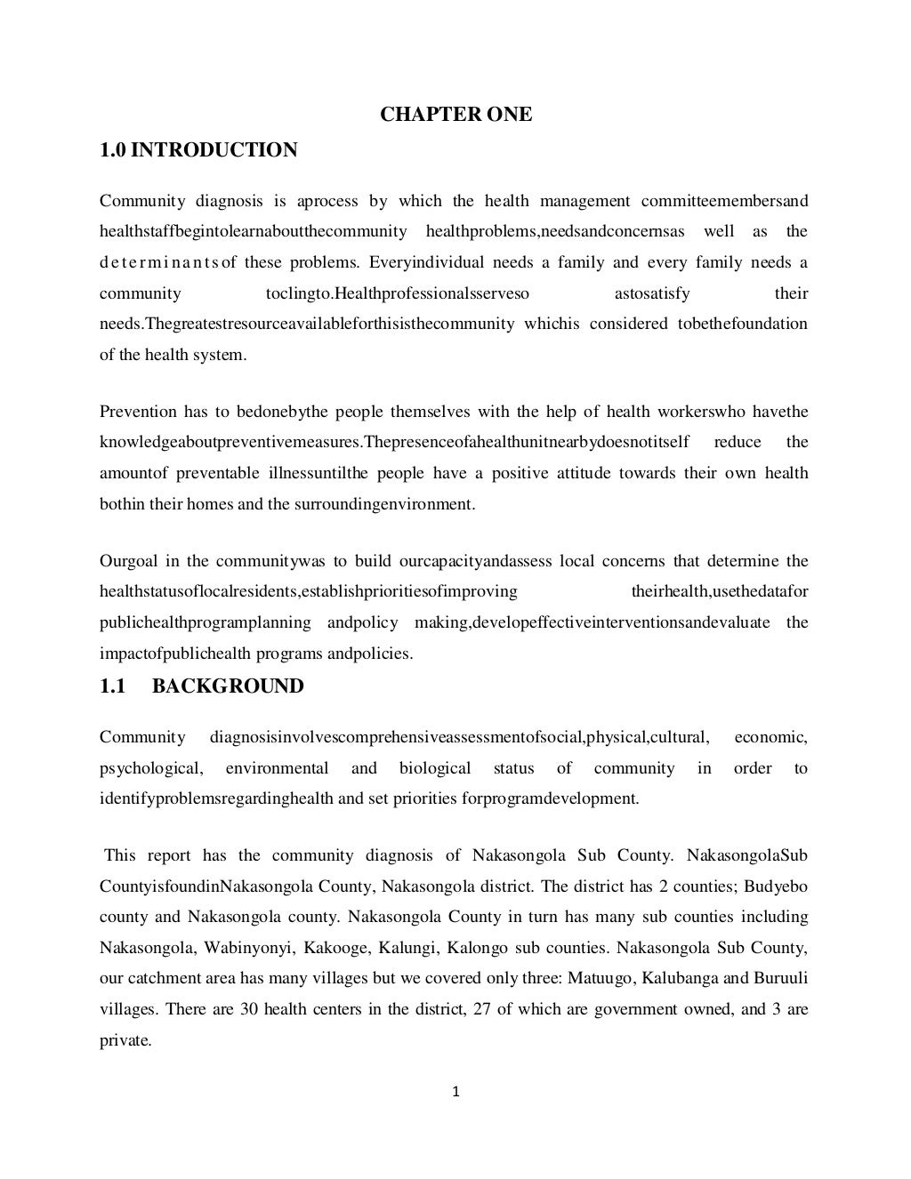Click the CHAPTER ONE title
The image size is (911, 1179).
point(456,115)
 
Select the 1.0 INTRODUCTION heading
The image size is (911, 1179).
point(198,150)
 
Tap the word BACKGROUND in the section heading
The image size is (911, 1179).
point(228,686)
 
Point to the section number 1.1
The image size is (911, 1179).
point(111,686)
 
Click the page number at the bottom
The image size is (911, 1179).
point(455,1093)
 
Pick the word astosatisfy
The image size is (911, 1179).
point(652,293)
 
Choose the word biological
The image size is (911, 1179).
point(435,768)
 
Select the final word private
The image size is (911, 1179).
point(125,1040)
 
